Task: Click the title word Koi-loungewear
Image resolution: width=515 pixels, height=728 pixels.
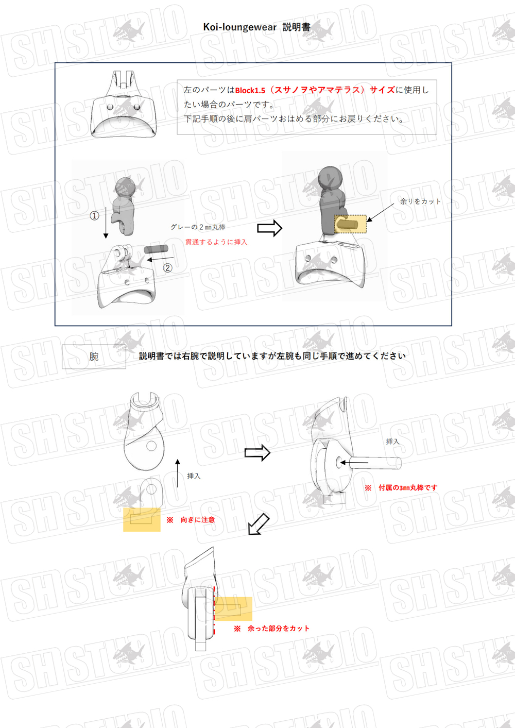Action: pyautogui.click(x=240, y=27)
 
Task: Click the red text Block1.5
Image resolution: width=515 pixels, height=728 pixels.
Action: pyautogui.click(x=250, y=90)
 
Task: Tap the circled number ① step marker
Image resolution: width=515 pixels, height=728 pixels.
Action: pyautogui.click(x=94, y=216)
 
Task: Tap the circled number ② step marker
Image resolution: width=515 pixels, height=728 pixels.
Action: pyautogui.click(x=167, y=268)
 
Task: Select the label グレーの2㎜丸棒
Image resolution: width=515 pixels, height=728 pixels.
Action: pyautogui.click(x=198, y=227)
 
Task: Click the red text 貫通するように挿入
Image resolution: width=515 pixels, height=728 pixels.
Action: pyautogui.click(x=216, y=242)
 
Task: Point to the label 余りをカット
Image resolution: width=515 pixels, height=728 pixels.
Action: pyautogui.click(x=420, y=201)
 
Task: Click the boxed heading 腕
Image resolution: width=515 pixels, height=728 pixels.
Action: pyautogui.click(x=94, y=357)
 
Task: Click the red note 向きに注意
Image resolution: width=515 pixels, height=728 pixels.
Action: pyautogui.click(x=198, y=520)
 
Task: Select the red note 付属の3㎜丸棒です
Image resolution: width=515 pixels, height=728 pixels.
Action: pyautogui.click(x=408, y=487)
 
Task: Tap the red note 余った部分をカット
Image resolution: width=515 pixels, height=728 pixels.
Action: pyautogui.click(x=279, y=628)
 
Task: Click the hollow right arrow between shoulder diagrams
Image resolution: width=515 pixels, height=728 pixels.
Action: pyautogui.click(x=270, y=228)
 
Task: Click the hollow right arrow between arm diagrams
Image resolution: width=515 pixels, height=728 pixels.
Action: pyautogui.click(x=257, y=453)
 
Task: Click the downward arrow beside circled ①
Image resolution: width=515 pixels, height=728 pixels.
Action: pyautogui.click(x=106, y=223)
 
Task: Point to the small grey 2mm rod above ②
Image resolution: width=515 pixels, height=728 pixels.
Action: pyautogui.click(x=156, y=249)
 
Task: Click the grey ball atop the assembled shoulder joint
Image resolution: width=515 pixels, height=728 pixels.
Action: pyautogui.click(x=330, y=178)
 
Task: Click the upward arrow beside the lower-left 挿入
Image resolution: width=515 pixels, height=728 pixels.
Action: pyautogui.click(x=177, y=473)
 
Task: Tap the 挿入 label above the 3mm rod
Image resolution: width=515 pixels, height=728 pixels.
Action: pyautogui.click(x=392, y=442)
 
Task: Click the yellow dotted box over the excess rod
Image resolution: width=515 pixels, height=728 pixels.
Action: pyautogui.click(x=350, y=224)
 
